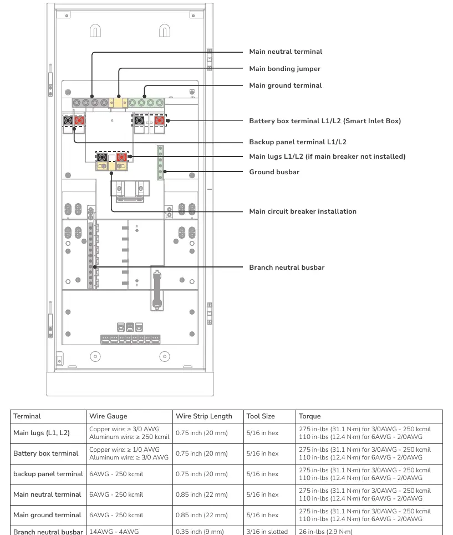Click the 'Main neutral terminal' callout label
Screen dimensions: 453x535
(x=286, y=52)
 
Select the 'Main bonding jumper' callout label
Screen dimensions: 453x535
(x=284, y=69)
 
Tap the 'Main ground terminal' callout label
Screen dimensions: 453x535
(x=286, y=85)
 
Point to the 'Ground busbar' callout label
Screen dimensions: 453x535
(x=274, y=172)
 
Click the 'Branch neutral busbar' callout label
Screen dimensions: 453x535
(x=287, y=267)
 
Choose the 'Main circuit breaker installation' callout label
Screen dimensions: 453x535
(x=303, y=211)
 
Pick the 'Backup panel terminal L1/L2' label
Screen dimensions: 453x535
(x=298, y=142)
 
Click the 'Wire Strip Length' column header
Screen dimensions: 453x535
(x=204, y=416)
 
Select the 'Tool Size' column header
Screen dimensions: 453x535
(x=261, y=416)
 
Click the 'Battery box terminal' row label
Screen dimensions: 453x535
(x=45, y=453)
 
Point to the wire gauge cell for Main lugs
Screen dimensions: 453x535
(x=129, y=433)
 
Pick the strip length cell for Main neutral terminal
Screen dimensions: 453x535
(x=201, y=494)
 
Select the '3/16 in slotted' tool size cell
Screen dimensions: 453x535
(x=267, y=532)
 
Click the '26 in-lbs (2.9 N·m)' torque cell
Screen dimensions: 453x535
(x=325, y=532)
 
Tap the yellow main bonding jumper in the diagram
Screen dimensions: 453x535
(x=118, y=103)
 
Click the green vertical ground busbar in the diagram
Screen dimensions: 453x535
(x=160, y=163)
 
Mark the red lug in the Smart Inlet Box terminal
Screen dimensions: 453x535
(x=159, y=120)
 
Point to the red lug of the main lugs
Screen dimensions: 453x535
(x=121, y=157)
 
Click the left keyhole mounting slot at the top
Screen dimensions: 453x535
(x=95, y=31)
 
